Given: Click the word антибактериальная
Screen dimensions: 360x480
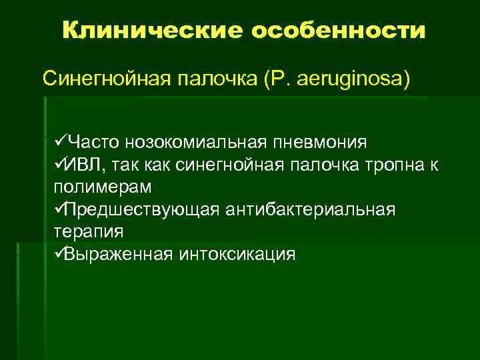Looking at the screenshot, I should click(317, 209).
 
